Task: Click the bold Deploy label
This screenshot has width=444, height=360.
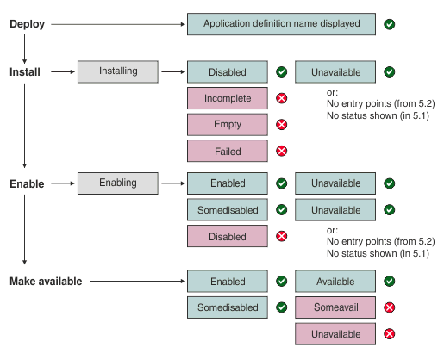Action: pos(28,24)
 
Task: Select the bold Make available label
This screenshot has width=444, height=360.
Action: pos(46,281)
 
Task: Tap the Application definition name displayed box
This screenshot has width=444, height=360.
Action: pos(281,24)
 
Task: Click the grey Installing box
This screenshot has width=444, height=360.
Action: pos(118,72)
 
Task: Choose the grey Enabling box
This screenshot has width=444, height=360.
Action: pos(118,183)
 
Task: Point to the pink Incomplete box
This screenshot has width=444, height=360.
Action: pos(228,98)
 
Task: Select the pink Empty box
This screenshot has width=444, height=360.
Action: pos(228,125)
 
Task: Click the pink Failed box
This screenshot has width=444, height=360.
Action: pos(228,151)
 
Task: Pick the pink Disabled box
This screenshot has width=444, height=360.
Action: pos(228,235)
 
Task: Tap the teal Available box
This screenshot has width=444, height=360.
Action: pos(335,282)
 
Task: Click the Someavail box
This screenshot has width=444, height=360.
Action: pos(335,307)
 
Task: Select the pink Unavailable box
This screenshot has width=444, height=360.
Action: pos(335,333)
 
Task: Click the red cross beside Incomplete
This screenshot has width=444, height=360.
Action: pos(281,98)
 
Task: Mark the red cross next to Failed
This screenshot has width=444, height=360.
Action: pos(281,151)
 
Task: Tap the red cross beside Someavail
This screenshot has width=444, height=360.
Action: pos(390,307)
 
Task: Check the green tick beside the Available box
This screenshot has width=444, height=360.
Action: pos(390,282)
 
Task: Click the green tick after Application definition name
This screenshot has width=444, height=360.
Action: pos(390,24)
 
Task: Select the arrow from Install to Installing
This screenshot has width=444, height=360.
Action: pos(63,72)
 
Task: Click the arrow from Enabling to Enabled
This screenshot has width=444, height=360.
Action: pos(172,183)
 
